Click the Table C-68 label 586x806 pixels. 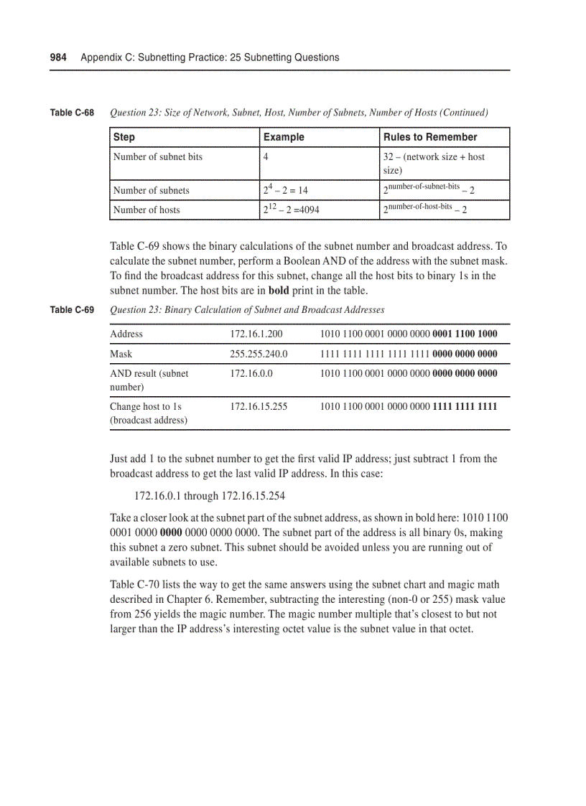[73, 113]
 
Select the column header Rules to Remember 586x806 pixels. [429, 137]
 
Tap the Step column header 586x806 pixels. [124, 137]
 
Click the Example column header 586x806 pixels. [284, 137]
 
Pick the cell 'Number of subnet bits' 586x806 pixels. [157, 156]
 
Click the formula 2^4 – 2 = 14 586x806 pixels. [285, 190]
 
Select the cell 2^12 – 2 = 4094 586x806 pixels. [291, 210]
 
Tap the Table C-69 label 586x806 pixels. [73, 310]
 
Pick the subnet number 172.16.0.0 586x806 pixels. [251, 373]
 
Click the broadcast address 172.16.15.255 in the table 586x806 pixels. [259, 406]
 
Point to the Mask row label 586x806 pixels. [121, 354]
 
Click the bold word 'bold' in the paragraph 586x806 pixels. [279, 291]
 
